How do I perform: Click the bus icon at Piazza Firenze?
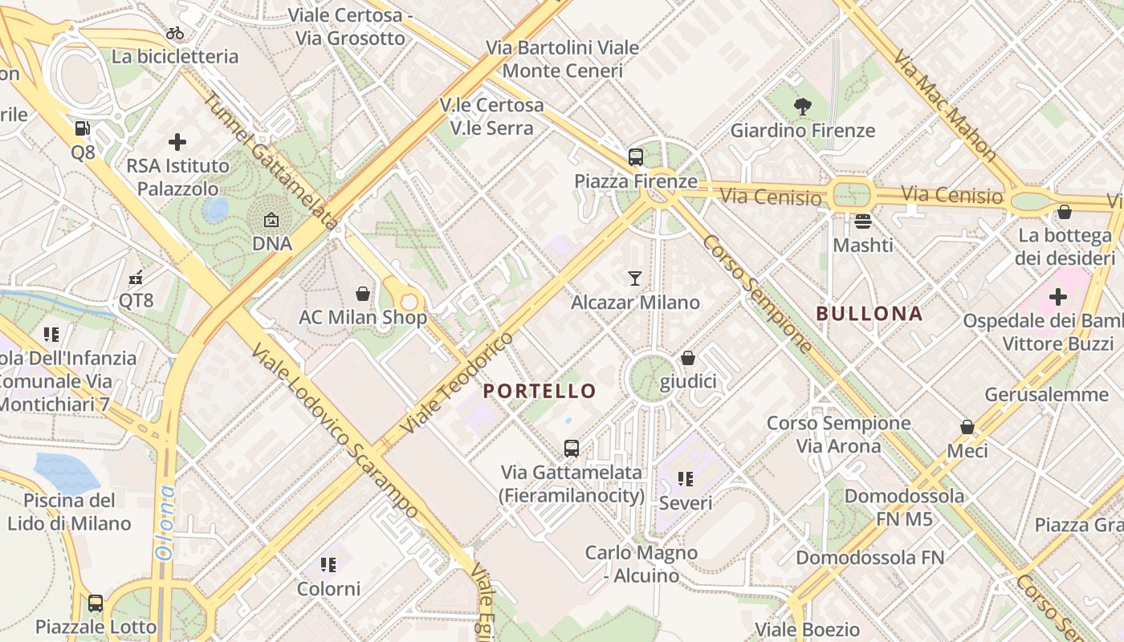tap(636, 156)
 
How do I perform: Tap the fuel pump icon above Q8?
tap(82, 128)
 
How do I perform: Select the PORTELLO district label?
tap(540, 392)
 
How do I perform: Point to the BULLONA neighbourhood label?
tap(869, 314)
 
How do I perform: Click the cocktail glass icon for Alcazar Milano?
tap(635, 278)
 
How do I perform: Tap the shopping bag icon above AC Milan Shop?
tap(363, 294)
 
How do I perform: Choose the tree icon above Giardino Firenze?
tap(802, 106)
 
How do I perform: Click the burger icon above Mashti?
tap(863, 221)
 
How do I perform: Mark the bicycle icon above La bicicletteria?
tap(175, 33)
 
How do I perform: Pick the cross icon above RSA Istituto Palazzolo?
tap(177, 142)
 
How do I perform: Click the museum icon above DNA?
tap(271, 219)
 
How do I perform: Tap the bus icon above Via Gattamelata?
tap(572, 448)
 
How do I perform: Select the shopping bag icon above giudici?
tap(688, 358)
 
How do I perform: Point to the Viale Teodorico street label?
tap(457, 384)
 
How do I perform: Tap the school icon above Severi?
tap(685, 479)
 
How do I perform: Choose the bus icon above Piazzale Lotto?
tap(96, 603)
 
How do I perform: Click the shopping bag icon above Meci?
tap(967, 427)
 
